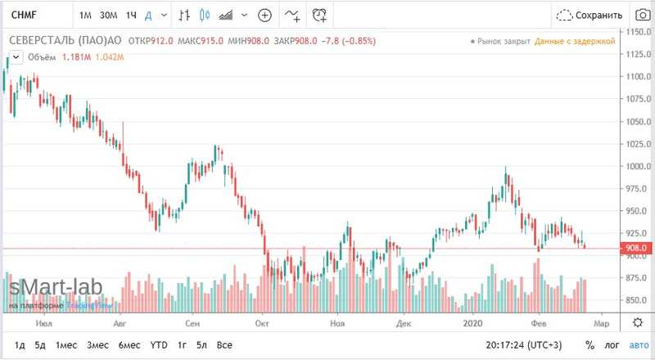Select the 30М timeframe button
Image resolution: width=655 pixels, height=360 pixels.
(108, 16)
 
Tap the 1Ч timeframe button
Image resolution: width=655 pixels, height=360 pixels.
(130, 16)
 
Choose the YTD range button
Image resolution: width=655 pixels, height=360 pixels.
(159, 345)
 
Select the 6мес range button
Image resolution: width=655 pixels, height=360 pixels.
(129, 345)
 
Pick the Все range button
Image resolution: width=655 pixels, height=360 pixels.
(225, 345)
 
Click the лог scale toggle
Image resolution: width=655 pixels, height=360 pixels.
(612, 345)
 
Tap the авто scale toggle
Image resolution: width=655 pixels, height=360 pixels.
(637, 345)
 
